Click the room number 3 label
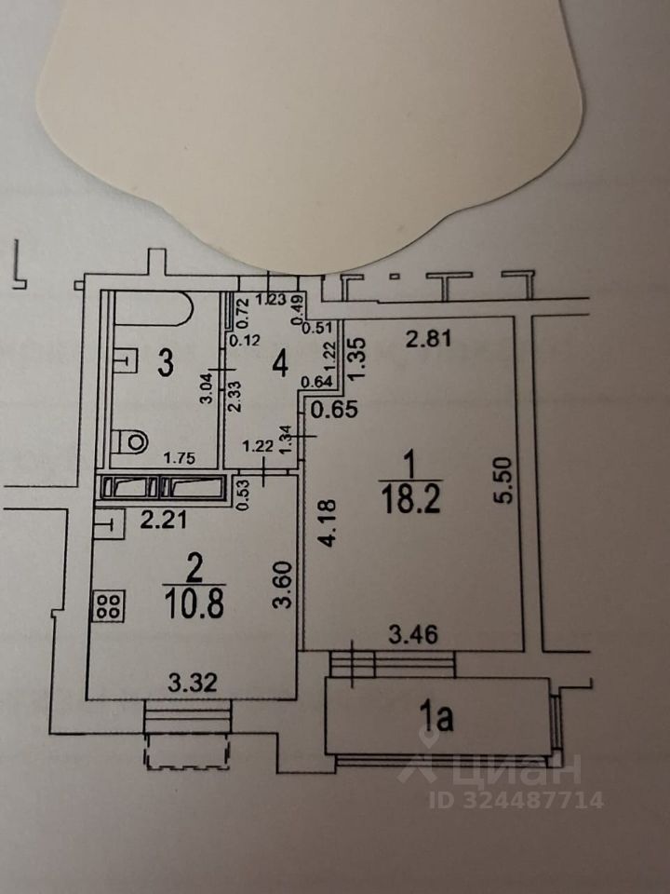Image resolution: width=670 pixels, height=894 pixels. [x=165, y=363]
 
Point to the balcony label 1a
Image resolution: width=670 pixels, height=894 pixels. [x=437, y=718]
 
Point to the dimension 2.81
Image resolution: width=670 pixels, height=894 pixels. [x=431, y=339]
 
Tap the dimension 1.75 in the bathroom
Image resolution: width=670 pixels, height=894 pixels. [x=181, y=457]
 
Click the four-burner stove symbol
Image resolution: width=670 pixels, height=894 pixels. [x=107, y=606]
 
